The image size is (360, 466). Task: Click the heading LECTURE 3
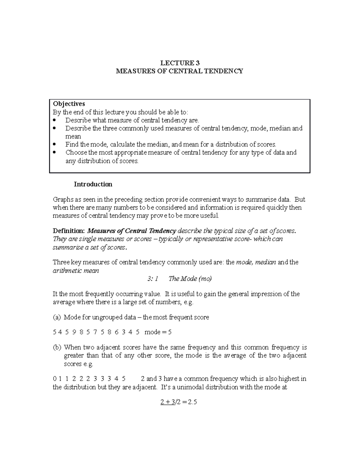(180, 63)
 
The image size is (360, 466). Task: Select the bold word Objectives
(69, 104)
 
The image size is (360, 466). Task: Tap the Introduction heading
(93, 184)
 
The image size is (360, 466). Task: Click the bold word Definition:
(69, 231)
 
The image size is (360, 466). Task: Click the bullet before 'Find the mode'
(54, 144)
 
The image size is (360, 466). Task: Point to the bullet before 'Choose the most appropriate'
(54, 152)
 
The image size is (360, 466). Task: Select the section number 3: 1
(153, 279)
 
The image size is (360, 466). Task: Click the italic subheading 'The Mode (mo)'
(190, 279)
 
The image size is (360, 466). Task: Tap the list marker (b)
(57, 347)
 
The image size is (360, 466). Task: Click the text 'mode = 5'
(158, 332)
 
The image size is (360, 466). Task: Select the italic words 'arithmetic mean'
(76, 271)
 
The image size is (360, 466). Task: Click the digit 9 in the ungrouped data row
(74, 332)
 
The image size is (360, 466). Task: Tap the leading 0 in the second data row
(54, 379)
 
